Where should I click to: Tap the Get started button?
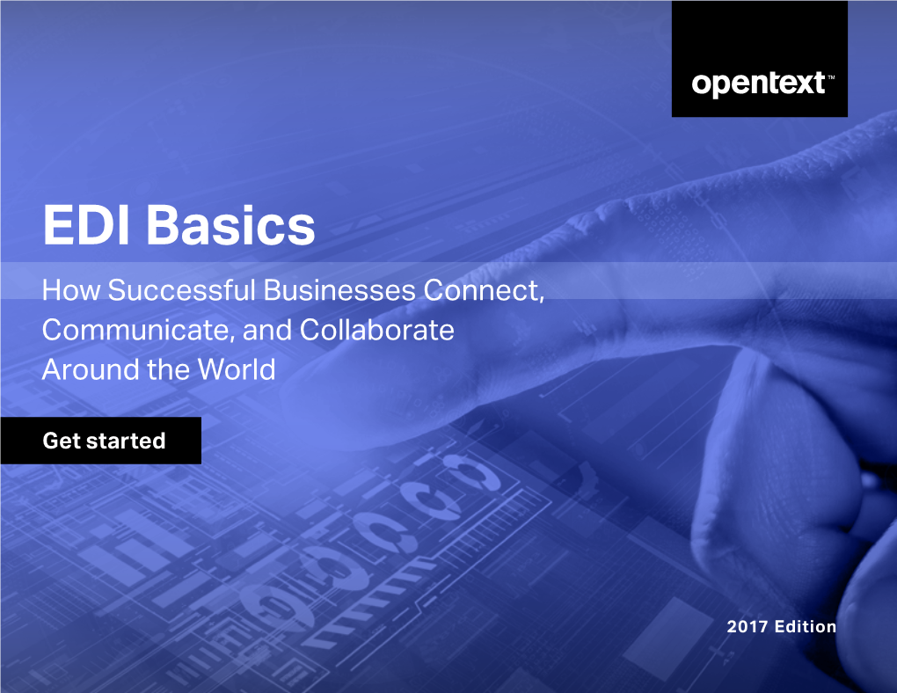[x=100, y=440]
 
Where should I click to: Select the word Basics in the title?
[x=230, y=225]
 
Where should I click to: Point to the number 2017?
[x=747, y=627]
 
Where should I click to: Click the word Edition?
[x=806, y=627]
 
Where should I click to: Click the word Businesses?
[x=339, y=290]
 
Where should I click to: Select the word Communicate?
[x=136, y=330]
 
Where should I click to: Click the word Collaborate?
[x=377, y=330]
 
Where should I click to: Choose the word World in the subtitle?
[x=237, y=369]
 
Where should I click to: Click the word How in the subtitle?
[x=71, y=290]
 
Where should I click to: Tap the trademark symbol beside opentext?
[x=831, y=77]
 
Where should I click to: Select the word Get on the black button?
[x=62, y=441]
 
